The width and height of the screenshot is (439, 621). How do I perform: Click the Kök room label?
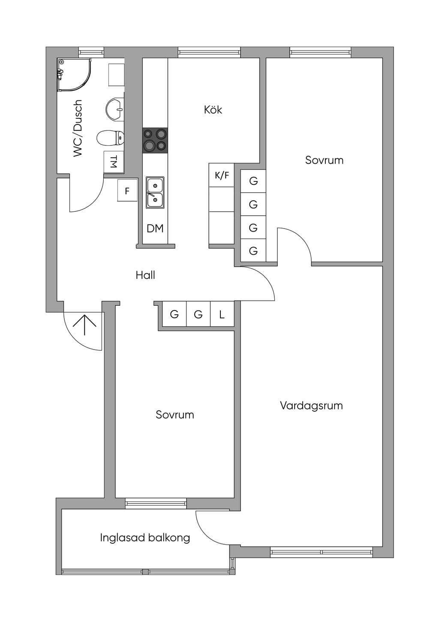[x=213, y=110]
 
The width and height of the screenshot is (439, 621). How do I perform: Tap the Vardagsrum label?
[x=311, y=406]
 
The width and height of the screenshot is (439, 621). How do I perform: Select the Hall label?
[x=145, y=275]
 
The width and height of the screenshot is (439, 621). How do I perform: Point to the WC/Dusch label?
[x=78, y=129]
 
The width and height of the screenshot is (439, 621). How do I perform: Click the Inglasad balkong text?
[x=145, y=538]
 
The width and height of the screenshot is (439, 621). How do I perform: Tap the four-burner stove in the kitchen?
[x=155, y=140]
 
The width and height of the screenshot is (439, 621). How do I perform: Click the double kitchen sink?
[x=155, y=193]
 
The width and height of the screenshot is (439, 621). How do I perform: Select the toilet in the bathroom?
[x=110, y=138]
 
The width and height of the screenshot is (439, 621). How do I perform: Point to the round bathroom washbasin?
[x=115, y=109]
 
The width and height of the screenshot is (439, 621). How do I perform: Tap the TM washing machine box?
[x=114, y=162]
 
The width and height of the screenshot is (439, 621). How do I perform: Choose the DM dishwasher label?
[x=155, y=229]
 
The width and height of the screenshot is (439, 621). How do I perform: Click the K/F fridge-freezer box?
[x=222, y=175]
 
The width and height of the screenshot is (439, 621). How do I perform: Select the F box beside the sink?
[x=127, y=190]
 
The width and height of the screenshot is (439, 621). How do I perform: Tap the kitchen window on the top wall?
[x=209, y=52]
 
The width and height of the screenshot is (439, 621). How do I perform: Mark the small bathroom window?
[x=91, y=52]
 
